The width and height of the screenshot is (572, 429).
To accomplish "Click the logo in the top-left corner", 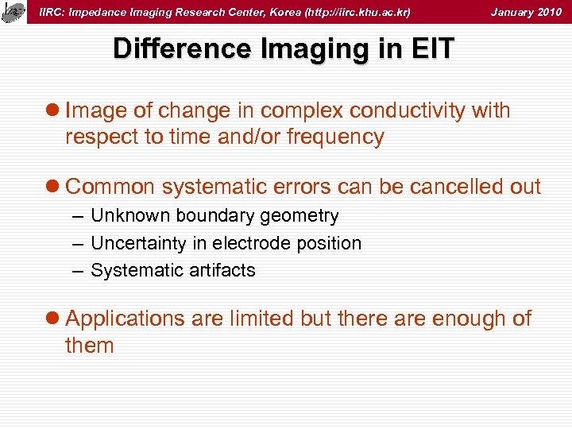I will [x=13, y=11].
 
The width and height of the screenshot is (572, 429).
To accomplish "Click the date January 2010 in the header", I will [x=526, y=12].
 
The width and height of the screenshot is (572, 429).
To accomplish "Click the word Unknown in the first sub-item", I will [x=129, y=216].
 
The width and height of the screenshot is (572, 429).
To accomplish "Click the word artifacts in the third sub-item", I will [x=218, y=270].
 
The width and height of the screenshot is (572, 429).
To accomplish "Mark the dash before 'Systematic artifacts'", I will [x=76, y=270].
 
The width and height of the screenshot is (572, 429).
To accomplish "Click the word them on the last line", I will [x=90, y=346].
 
